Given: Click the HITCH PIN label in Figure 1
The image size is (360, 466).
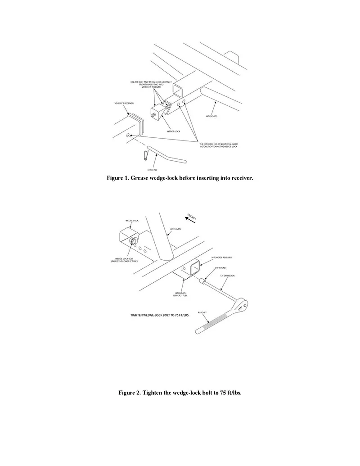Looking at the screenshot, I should (x=153, y=170).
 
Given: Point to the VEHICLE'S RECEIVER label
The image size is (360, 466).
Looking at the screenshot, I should (x=124, y=103).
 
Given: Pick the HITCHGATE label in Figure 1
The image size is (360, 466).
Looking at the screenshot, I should (x=211, y=116).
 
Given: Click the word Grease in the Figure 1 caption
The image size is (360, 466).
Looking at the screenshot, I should (x=136, y=178).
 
